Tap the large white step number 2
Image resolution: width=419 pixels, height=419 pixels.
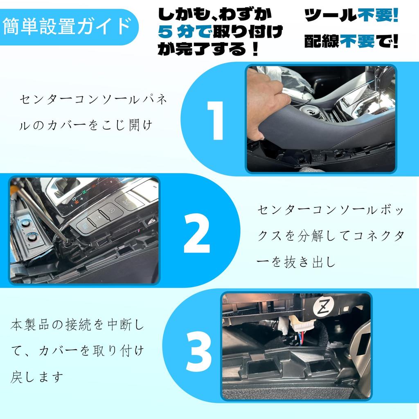click(197, 233)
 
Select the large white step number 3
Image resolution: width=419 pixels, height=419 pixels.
click(199, 351)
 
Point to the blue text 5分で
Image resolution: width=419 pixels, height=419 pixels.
click(185, 32)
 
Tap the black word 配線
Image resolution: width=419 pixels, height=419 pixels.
click(322, 41)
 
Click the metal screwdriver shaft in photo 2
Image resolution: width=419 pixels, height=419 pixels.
click(40, 211)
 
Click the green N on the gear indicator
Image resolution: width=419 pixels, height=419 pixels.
click(84, 192)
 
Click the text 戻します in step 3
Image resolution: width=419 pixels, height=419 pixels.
click(37, 377)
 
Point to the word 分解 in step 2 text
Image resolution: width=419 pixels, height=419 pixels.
click(310, 236)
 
